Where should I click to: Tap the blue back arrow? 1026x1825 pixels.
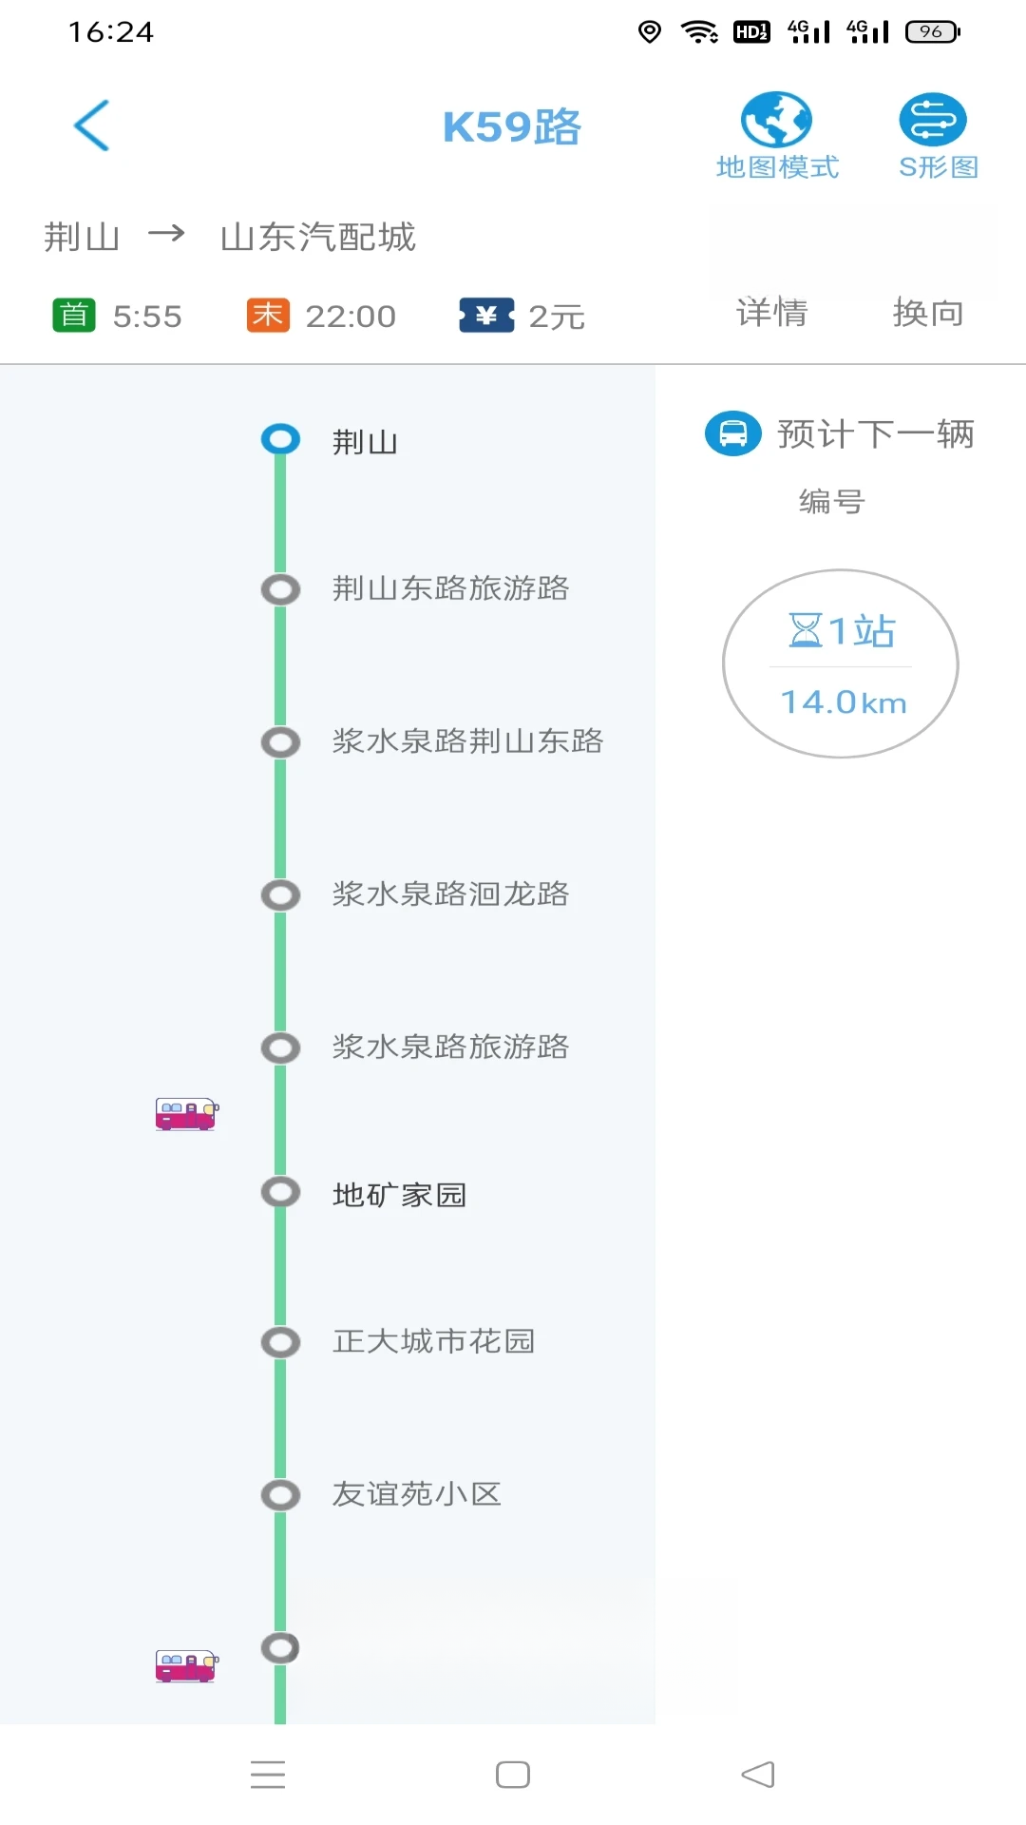[x=92, y=125]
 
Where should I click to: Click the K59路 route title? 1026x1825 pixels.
[x=511, y=127]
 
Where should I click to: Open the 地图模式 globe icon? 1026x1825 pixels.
[x=776, y=120]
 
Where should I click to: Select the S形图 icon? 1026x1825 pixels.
[x=933, y=120]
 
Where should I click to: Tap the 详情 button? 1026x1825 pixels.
[x=771, y=313]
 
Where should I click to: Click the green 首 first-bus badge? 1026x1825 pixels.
[x=74, y=315]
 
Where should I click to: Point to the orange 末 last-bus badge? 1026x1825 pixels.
[x=268, y=315]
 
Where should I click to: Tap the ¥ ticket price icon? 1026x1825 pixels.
[x=486, y=315]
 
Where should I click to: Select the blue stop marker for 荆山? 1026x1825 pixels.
[x=280, y=439]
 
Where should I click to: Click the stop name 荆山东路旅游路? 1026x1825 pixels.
[x=450, y=588]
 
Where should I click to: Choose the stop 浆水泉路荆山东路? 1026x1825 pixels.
[x=467, y=741]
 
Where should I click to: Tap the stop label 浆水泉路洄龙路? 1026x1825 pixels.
[x=450, y=894]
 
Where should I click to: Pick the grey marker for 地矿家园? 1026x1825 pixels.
[x=280, y=1192]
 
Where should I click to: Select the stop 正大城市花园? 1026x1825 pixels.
[x=433, y=1341]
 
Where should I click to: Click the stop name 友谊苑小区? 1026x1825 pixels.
[x=416, y=1494]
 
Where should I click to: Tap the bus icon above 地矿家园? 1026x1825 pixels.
[x=187, y=1113]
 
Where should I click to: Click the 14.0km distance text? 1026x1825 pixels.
[x=844, y=702]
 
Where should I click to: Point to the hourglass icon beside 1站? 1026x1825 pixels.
[x=806, y=629]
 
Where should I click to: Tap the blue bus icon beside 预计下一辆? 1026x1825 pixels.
[x=733, y=433]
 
